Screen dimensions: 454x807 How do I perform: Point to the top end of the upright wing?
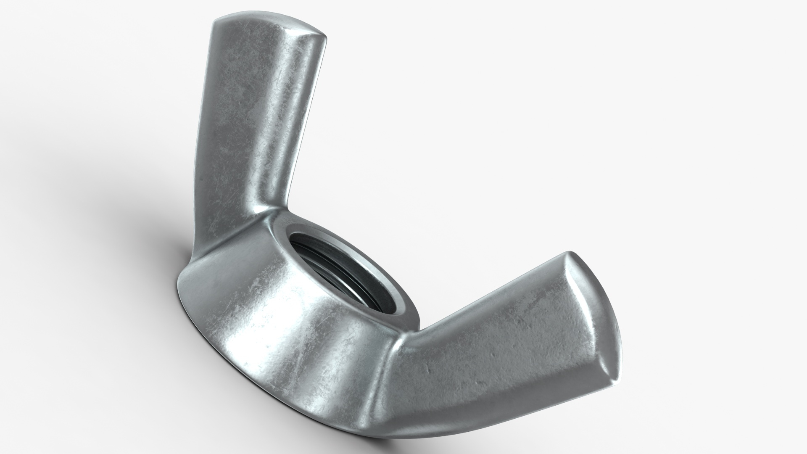tap(269, 25)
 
